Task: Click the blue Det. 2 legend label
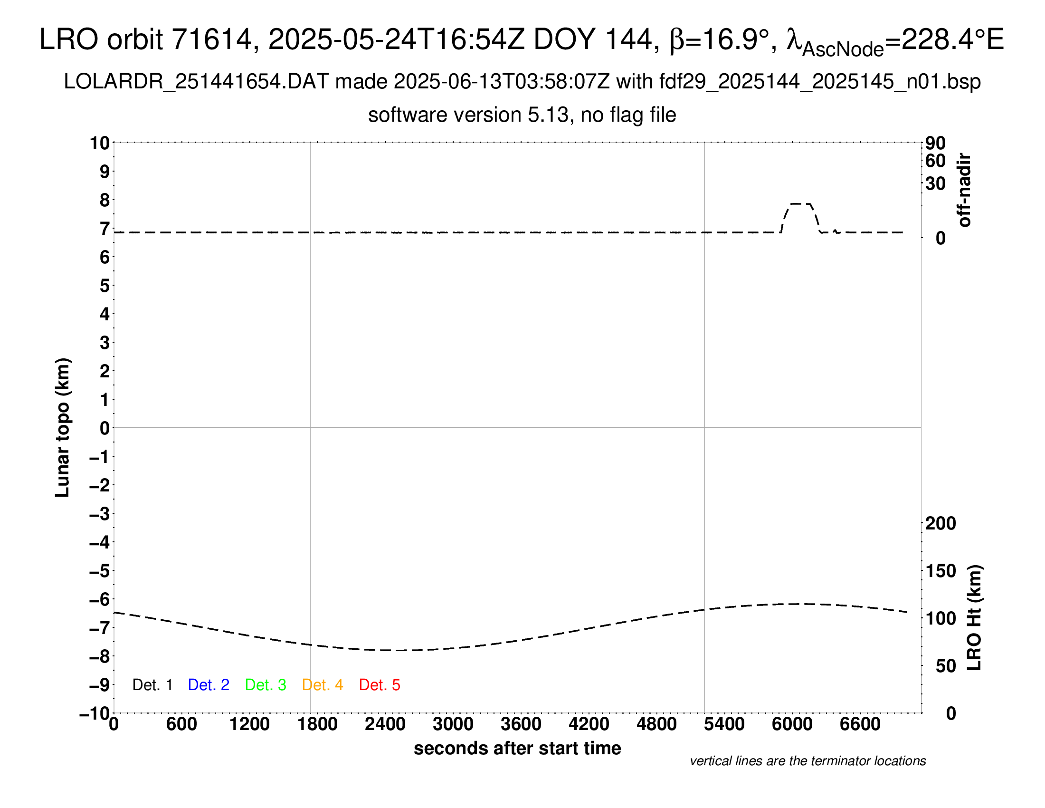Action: [209, 685]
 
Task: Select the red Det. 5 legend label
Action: [380, 685]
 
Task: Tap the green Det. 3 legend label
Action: [266, 685]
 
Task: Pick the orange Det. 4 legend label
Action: [323, 685]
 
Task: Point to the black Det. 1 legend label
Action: [152, 685]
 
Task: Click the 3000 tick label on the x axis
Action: [453, 724]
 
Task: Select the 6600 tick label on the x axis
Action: [860, 724]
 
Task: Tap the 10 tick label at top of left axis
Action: [100, 143]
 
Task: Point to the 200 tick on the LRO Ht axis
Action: [940, 524]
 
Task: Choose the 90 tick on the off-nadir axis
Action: [935, 143]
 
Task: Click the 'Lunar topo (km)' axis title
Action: [63, 427]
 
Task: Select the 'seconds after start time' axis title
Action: [517, 748]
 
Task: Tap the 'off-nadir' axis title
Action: [965, 190]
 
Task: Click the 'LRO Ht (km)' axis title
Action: [974, 617]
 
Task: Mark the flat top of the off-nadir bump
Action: [800, 204]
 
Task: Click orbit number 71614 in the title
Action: [211, 39]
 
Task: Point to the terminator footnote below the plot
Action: [807, 761]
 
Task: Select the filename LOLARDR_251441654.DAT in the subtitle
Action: [196, 82]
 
